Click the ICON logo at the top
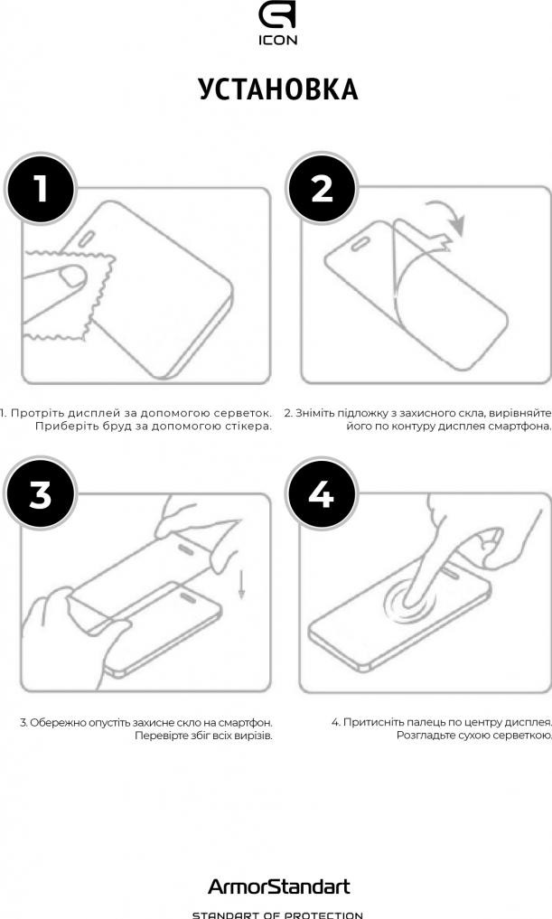[277, 24]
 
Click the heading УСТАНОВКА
[278, 89]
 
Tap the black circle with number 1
[41, 189]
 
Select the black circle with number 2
[322, 189]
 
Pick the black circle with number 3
[41, 494]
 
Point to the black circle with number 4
[322, 494]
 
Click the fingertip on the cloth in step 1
[72, 276]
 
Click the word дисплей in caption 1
[92, 413]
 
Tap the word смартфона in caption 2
[520, 427]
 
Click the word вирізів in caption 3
[253, 736]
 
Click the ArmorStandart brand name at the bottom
[279, 886]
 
